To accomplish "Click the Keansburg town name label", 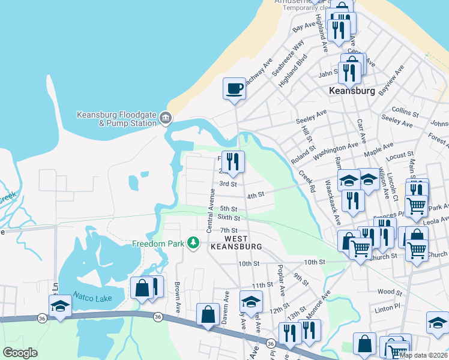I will (352, 91).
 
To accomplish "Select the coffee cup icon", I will (234, 89).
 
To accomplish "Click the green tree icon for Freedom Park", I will (193, 243).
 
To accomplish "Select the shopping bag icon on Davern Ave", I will (208, 314).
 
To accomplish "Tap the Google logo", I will (20, 352).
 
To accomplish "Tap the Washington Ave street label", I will (339, 148).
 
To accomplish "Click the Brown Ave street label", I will (178, 296).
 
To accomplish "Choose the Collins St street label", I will (405, 112).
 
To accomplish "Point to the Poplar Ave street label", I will (280, 278).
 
